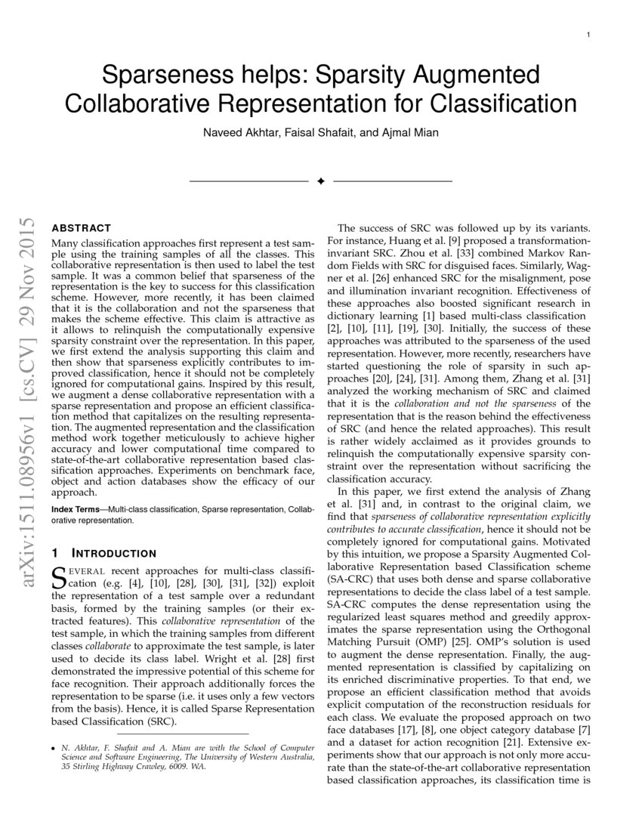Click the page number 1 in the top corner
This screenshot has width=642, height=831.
tap(588, 36)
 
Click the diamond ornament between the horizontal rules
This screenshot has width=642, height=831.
tap(320, 181)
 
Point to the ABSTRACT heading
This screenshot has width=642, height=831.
tap(81, 227)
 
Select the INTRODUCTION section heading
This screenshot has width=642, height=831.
tap(110, 554)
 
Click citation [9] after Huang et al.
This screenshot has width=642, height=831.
tap(439, 241)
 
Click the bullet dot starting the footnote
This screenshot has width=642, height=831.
tap(52, 748)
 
